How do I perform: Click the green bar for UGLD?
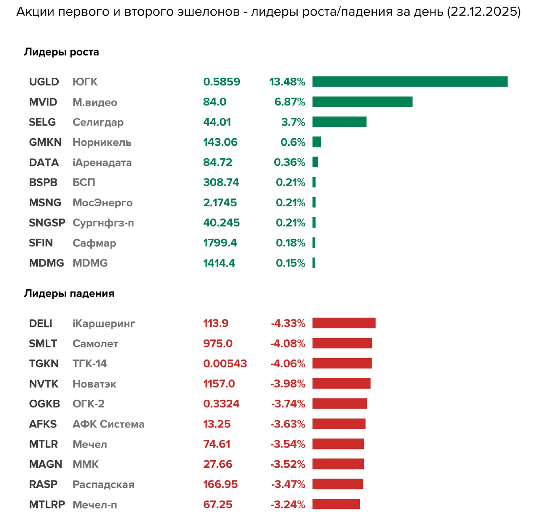(410, 81)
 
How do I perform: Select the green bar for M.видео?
(362, 102)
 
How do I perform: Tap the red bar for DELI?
(344, 323)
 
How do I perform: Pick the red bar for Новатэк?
(341, 383)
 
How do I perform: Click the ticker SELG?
(43, 122)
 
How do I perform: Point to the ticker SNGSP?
(47, 223)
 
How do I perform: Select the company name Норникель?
(102, 142)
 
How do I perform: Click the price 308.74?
(221, 182)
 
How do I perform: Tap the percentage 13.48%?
(287, 82)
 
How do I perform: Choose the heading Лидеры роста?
(62, 52)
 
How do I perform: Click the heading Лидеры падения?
(69, 293)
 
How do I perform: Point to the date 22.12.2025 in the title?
(483, 12)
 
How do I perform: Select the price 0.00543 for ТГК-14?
(225, 364)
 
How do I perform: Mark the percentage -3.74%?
(288, 404)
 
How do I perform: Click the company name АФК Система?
(108, 424)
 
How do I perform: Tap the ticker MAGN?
(46, 464)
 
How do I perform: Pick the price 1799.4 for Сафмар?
(220, 243)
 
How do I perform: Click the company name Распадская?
(103, 484)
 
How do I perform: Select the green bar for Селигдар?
(339, 122)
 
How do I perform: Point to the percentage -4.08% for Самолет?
(288, 343)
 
